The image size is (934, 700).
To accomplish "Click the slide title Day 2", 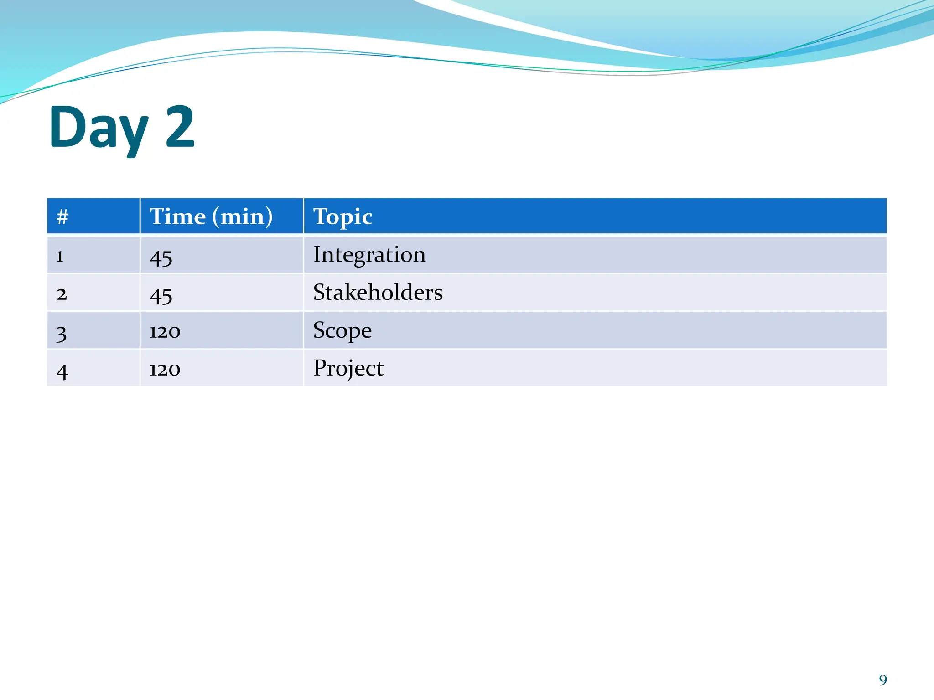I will pos(122,128).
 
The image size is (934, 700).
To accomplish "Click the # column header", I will pos(62,216).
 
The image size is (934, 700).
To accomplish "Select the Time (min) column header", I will pos(211,216).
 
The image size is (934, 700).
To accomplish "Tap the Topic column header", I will pos(342,216).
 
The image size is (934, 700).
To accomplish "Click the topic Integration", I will pos(369,255).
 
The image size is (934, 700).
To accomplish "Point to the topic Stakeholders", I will pos(378,293).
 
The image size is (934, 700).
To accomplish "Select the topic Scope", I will pos(342,330).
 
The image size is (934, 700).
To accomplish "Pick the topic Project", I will pos(348,368).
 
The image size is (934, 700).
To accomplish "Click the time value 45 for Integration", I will pos(161,258).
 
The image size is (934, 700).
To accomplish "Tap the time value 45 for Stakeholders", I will pos(161,296).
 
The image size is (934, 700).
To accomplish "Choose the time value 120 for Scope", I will pos(165,332).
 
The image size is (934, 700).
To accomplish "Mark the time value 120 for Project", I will pos(165,370).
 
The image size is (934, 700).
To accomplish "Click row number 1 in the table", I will pos(60,257).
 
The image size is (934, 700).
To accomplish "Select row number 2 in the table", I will pos(62,294).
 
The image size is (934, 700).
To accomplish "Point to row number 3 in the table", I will pos(61,333).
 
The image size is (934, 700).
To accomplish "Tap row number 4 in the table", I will pos(62,371).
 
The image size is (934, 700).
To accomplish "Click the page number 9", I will pos(883,680).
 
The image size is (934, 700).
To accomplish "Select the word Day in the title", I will pos(99,129).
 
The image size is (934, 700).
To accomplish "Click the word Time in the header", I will pos(178,216).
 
